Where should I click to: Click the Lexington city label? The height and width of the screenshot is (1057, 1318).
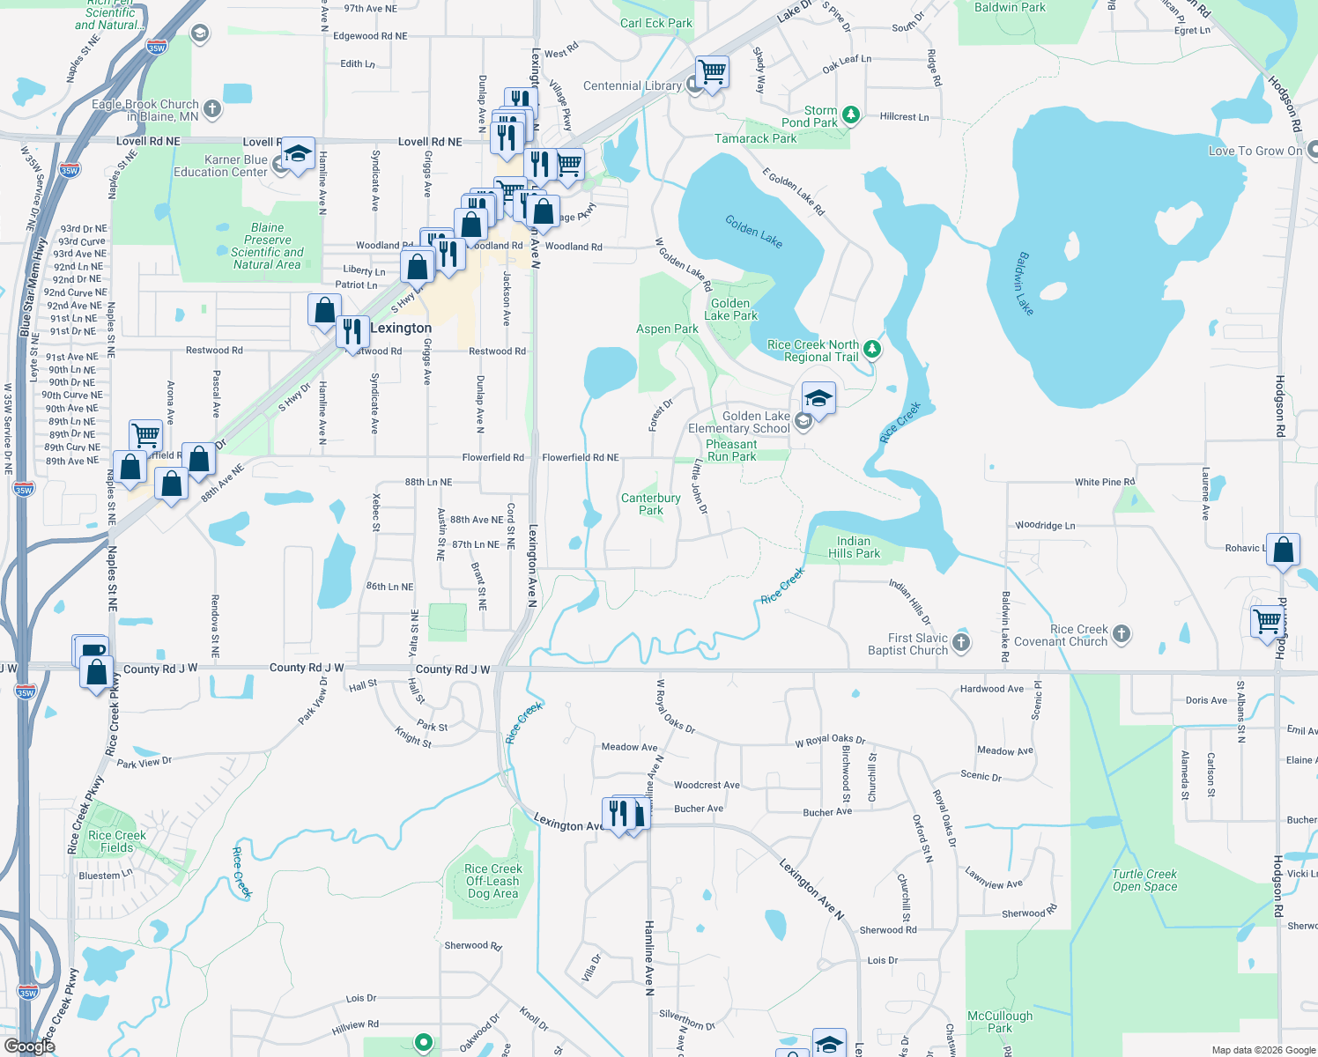(401, 329)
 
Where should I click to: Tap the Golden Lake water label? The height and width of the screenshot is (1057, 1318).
(753, 232)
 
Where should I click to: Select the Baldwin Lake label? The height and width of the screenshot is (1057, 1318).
(1024, 284)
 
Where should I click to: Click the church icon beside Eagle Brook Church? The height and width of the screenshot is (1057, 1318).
(211, 109)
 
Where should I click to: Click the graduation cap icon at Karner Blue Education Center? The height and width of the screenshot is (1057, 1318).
(298, 154)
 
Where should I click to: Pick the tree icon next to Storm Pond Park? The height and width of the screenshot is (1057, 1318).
(850, 115)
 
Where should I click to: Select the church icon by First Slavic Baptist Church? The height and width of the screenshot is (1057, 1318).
(961, 643)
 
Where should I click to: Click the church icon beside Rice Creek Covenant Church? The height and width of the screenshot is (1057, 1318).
(1121, 633)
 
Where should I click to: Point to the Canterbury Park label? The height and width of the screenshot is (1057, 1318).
(650, 504)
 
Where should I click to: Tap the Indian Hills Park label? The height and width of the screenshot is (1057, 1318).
(853, 547)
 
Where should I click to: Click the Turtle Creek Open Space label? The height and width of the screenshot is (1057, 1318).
(1144, 880)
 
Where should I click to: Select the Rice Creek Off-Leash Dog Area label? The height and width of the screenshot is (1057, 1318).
(493, 881)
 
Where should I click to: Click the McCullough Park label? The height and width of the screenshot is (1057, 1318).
(1000, 1022)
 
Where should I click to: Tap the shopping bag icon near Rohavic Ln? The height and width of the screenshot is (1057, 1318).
(1284, 551)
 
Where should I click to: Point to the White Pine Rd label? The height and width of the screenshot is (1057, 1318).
(1104, 482)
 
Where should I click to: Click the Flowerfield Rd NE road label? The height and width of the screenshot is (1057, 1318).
(580, 458)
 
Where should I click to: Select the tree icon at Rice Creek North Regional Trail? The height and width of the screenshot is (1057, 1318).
(871, 349)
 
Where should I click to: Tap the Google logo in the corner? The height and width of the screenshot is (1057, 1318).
(29, 1046)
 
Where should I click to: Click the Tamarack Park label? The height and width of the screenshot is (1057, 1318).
(755, 138)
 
